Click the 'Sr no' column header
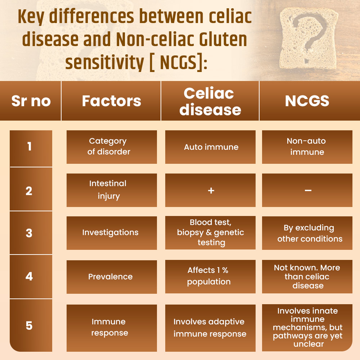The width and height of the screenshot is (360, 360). pyautogui.click(x=31, y=101)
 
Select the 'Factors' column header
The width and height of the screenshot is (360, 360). pyautogui.click(x=111, y=101)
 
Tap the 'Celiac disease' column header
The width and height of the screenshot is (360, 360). pyautogui.click(x=210, y=101)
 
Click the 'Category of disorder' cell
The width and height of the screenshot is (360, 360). pyautogui.click(x=112, y=147)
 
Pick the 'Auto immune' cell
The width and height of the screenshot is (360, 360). pyautogui.click(x=210, y=147)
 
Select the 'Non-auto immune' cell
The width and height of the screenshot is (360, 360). pyautogui.click(x=307, y=147)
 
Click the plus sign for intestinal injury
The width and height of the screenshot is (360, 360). pyautogui.click(x=211, y=190)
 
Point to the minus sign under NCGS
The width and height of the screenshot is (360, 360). pyautogui.click(x=308, y=190)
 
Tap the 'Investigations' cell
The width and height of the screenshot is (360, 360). pyautogui.click(x=112, y=233)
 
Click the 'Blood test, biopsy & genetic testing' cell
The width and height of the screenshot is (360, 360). pyautogui.click(x=210, y=233)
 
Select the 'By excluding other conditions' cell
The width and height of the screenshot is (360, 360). pyautogui.click(x=307, y=233)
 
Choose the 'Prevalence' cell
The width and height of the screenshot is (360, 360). pyautogui.click(x=112, y=277)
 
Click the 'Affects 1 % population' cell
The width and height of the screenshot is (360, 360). pyautogui.click(x=210, y=276)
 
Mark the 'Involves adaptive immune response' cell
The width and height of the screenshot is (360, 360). pyautogui.click(x=210, y=328)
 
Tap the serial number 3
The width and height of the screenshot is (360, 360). pyautogui.click(x=29, y=233)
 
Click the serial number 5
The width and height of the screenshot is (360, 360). pyautogui.click(x=29, y=325)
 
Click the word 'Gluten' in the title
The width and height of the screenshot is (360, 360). pyautogui.click(x=223, y=39)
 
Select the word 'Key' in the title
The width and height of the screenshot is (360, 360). pyautogui.click(x=31, y=17)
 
